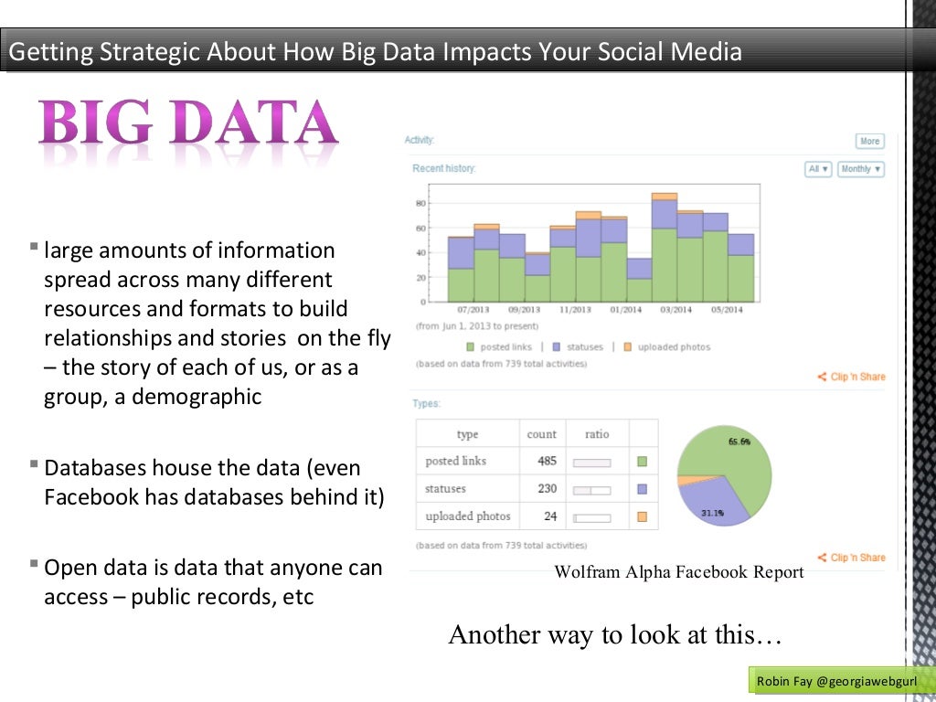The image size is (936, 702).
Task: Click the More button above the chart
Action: click(x=869, y=141)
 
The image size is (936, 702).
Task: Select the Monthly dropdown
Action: click(x=860, y=169)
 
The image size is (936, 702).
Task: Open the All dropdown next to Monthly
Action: click(x=818, y=169)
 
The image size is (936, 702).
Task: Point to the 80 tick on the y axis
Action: click(x=421, y=203)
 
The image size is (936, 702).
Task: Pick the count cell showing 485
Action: click(x=547, y=462)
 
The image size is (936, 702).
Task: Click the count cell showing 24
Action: click(x=550, y=516)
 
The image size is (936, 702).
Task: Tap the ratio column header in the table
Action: click(x=597, y=434)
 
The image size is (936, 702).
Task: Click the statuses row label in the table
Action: click(x=446, y=489)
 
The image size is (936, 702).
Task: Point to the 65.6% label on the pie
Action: click(x=739, y=441)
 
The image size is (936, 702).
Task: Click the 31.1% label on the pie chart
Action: click(x=713, y=514)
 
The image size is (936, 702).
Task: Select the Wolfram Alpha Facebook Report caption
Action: click(x=679, y=573)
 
